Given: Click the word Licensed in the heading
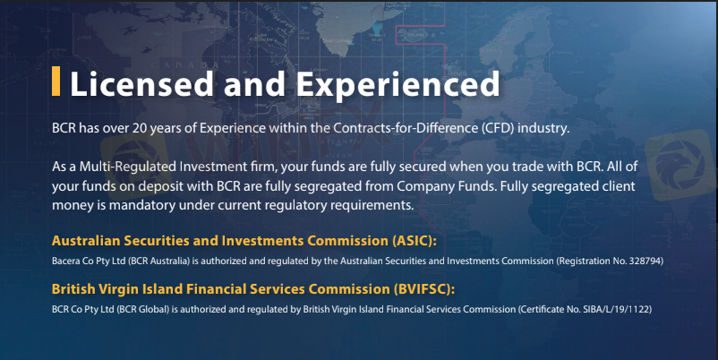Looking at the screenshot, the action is tap(142, 84).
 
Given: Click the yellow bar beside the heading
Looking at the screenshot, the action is tap(56, 81).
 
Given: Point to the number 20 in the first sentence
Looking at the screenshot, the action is tap(140, 128).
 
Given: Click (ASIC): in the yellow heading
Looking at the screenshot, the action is tap(415, 241).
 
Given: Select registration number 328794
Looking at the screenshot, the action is tap(645, 261).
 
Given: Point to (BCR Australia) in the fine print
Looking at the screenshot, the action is tap(158, 261).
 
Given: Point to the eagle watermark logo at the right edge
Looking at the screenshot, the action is tap(681, 166).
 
